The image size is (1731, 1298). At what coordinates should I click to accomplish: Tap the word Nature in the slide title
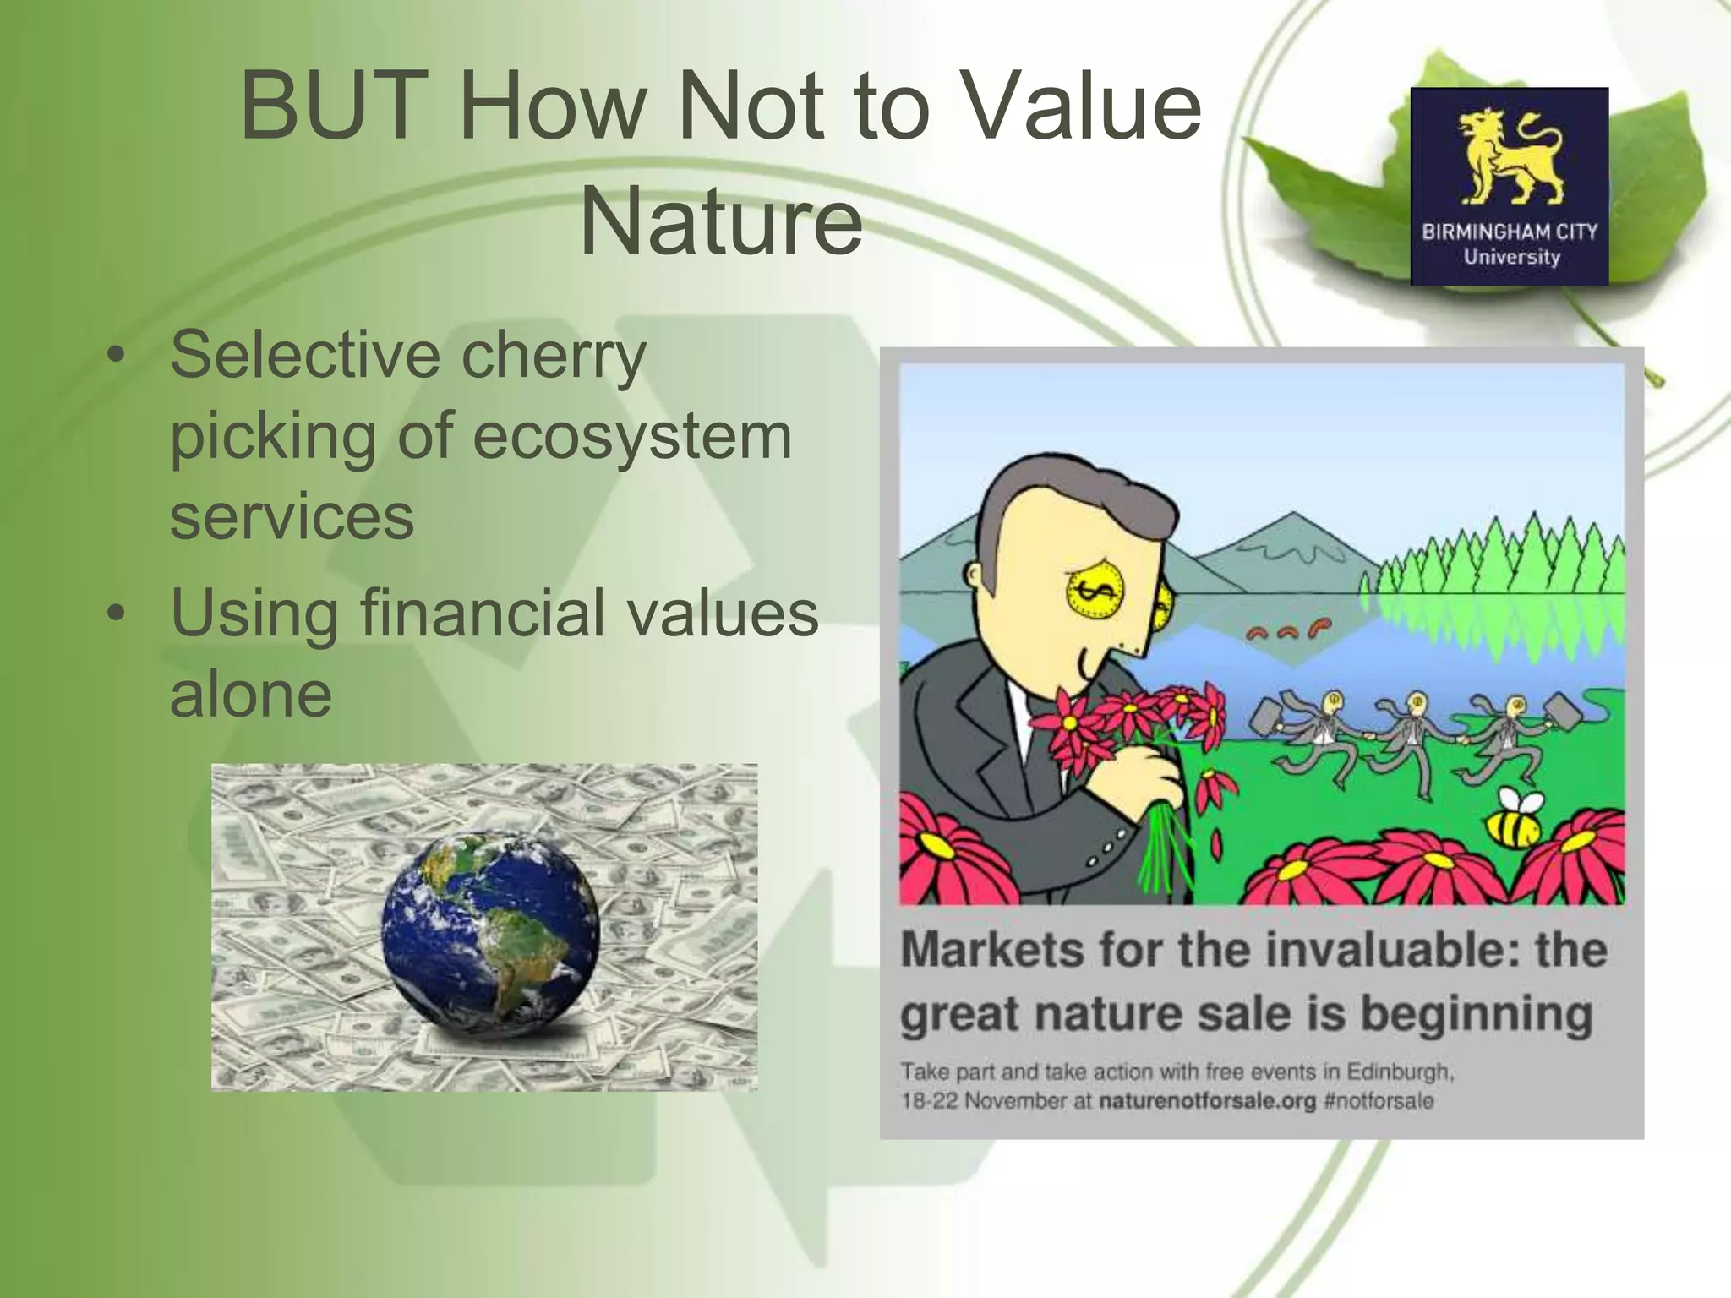point(720,222)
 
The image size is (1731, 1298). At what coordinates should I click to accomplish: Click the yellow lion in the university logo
point(1510,157)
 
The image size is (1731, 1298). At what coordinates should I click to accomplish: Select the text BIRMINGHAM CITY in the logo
point(1510,231)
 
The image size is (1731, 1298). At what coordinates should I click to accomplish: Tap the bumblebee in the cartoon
point(1515,819)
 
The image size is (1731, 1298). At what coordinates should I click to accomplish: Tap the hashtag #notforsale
point(1379,1102)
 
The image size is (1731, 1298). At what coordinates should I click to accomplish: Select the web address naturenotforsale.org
point(1207,1102)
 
